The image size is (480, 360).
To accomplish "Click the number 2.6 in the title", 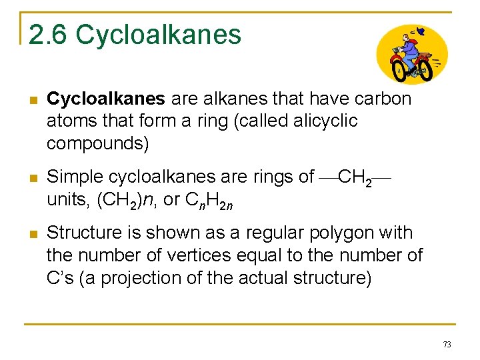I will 48,35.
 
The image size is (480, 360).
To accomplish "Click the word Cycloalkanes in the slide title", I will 159,35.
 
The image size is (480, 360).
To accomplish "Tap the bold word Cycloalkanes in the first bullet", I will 106,99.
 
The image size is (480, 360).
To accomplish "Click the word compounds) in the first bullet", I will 98,143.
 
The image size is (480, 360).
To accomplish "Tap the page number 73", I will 447,344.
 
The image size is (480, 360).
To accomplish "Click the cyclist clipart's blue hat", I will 418,31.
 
